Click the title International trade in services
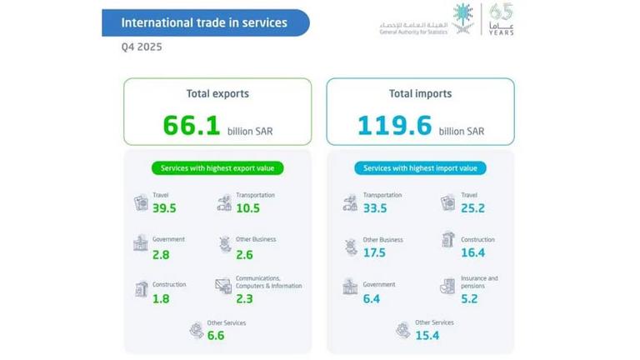[204, 22]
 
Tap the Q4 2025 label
[142, 47]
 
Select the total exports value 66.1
[191, 126]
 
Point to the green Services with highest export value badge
[217, 168]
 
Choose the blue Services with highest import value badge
[420, 168]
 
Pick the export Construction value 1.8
[162, 297]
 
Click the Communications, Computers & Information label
[268, 282]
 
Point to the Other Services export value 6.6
[217, 336]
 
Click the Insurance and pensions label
[480, 282]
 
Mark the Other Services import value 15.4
[427, 336]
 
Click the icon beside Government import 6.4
[350, 287]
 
